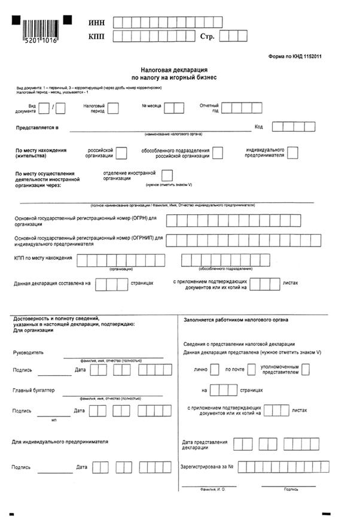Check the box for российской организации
click(x=121, y=153)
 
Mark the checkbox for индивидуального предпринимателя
click(x=292, y=153)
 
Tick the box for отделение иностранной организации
click(x=167, y=175)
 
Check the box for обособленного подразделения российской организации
click(x=218, y=153)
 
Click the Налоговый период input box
click(x=113, y=108)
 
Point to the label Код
click(x=258, y=127)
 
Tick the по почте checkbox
click(x=252, y=369)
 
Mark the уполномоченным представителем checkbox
click(x=306, y=369)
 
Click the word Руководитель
click(x=28, y=352)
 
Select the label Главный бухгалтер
click(x=33, y=390)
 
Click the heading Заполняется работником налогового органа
click(x=235, y=320)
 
